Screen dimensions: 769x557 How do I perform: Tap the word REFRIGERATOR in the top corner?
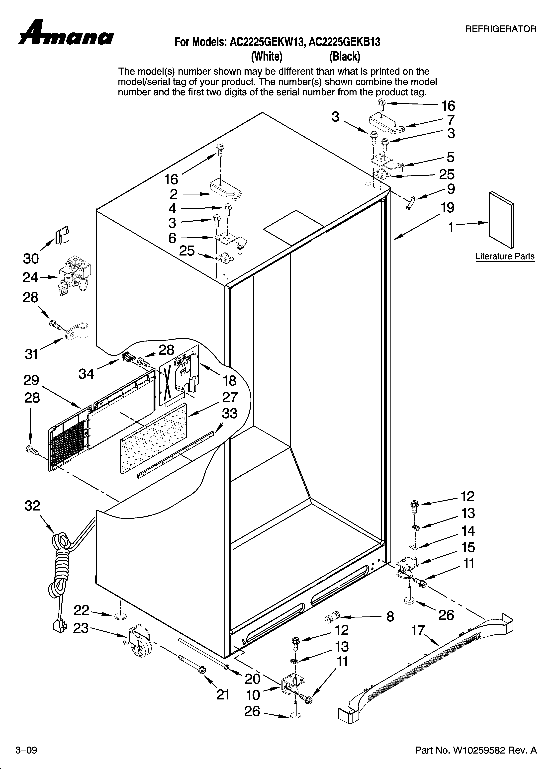coord(501,29)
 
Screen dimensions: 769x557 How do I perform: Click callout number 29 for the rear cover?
coord(31,380)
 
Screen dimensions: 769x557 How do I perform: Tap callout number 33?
coord(230,414)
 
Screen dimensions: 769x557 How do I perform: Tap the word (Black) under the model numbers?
coord(345,56)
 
